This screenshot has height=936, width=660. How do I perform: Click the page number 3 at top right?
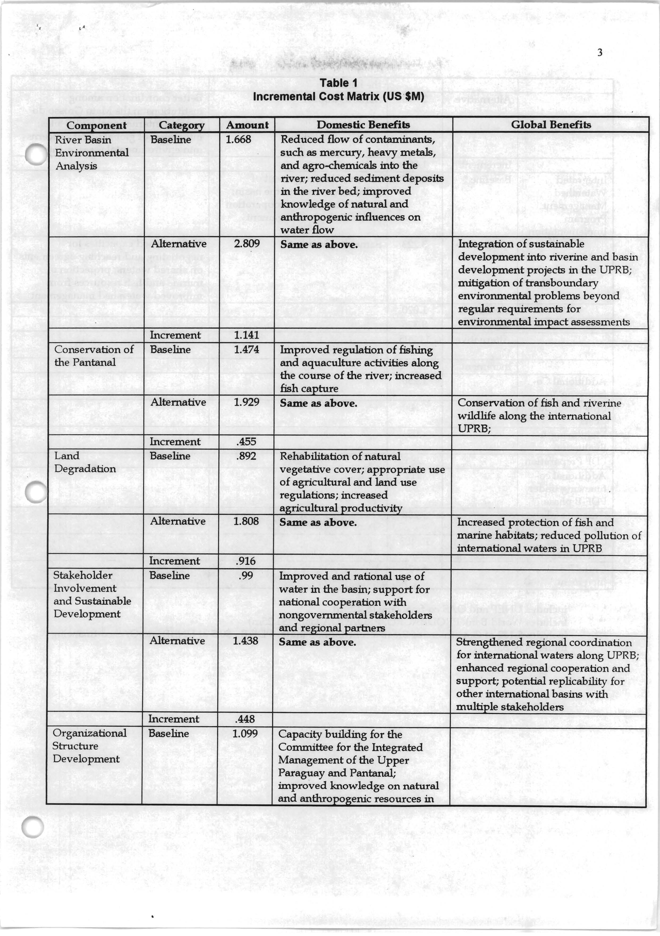(599, 53)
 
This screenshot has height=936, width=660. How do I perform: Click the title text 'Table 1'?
(338, 83)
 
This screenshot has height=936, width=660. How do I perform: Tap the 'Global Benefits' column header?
(551, 125)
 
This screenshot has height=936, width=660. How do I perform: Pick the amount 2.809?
(247, 244)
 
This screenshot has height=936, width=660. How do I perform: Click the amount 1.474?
(247, 350)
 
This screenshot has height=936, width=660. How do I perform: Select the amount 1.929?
(247, 402)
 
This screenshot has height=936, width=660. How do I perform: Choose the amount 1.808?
(246, 521)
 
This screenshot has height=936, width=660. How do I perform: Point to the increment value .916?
(246, 561)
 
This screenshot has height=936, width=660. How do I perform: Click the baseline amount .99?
(244, 576)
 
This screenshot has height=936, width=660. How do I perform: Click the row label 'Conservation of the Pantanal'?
(94, 356)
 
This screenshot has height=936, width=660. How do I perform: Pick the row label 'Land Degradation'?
(85, 462)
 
